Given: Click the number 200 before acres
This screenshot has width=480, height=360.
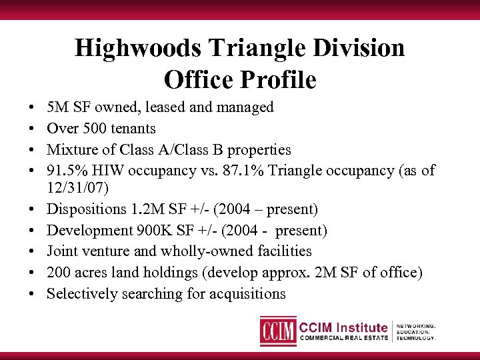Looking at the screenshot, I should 59,272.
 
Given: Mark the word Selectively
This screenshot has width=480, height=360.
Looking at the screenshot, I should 81,293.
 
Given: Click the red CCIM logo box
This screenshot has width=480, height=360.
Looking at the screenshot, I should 278,331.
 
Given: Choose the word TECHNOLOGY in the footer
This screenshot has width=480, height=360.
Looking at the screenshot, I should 418,337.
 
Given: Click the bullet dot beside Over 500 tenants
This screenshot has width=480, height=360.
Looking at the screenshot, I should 33,128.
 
